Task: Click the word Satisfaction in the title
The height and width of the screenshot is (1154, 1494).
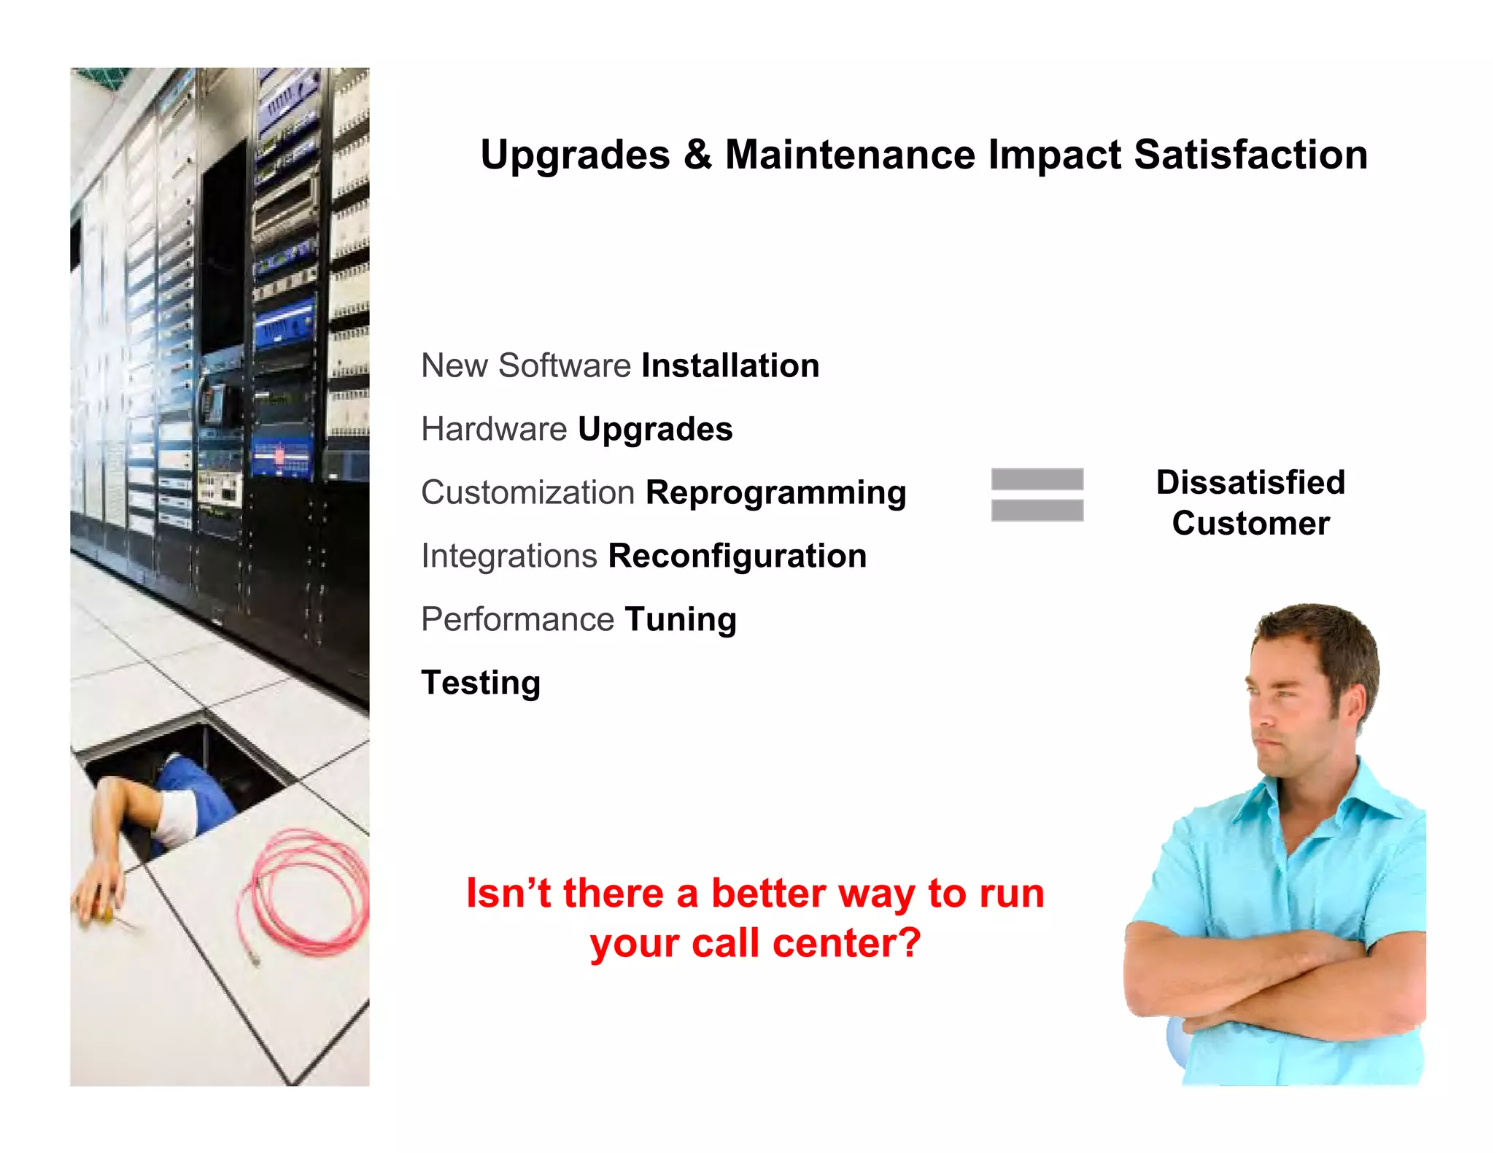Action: [1250, 155]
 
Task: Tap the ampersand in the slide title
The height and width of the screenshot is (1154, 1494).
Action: [697, 155]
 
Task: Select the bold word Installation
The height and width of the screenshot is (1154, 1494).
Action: [730, 365]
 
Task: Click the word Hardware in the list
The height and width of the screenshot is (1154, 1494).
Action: [494, 429]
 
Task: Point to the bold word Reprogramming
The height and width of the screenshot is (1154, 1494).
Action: [775, 493]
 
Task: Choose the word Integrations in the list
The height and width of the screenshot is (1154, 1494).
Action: [509, 556]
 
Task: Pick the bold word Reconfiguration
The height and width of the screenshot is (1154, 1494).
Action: [737, 556]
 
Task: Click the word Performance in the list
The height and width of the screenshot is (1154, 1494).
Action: [517, 619]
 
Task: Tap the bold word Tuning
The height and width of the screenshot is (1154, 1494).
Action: [680, 620]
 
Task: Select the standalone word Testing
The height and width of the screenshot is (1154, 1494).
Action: [481, 683]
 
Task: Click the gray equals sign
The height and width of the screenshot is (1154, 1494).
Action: [1037, 495]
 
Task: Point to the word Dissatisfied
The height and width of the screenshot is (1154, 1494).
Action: [1250, 482]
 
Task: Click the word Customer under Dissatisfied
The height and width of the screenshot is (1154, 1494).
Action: [1250, 523]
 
